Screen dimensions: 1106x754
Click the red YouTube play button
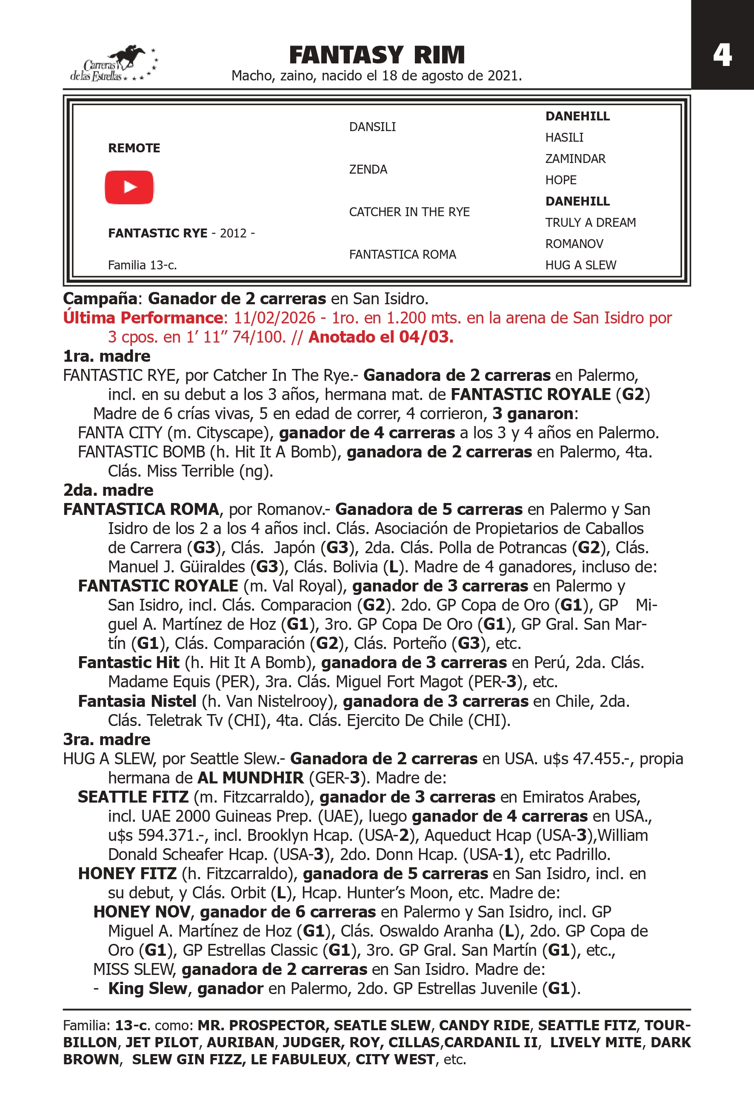pyautogui.click(x=129, y=187)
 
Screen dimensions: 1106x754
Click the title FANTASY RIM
pyautogui.click(x=377, y=55)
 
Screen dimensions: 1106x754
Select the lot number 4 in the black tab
pyautogui.click(x=722, y=56)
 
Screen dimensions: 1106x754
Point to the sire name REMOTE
pyautogui.click(x=134, y=148)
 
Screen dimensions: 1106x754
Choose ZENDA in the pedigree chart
pyautogui.click(x=368, y=169)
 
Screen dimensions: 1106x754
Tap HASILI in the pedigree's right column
pyautogui.click(x=564, y=137)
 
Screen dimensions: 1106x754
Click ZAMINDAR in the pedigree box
pyautogui.click(x=575, y=159)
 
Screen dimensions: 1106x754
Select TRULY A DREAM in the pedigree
pyautogui.click(x=590, y=223)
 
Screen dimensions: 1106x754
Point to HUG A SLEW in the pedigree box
pyautogui.click(x=580, y=265)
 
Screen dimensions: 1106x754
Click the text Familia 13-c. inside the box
pyautogui.click(x=142, y=265)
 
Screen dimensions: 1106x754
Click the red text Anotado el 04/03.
pyautogui.click(x=380, y=337)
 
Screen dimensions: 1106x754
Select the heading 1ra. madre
pyautogui.click(x=106, y=356)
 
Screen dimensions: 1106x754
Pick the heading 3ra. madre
pyautogui.click(x=106, y=739)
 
